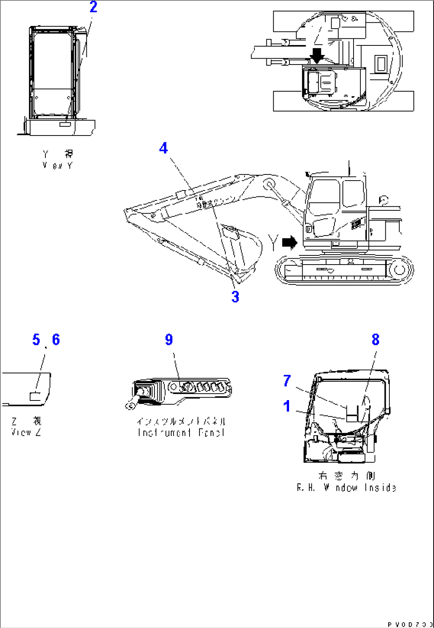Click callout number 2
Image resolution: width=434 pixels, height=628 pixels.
click(x=93, y=7)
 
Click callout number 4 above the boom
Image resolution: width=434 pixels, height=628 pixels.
click(x=163, y=149)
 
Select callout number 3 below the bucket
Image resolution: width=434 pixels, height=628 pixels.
click(x=235, y=297)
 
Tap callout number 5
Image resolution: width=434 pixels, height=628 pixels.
click(x=36, y=340)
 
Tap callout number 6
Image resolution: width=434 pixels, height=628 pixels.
click(x=56, y=340)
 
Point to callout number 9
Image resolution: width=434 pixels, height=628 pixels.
click(x=169, y=340)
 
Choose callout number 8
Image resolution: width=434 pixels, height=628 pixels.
click(x=375, y=340)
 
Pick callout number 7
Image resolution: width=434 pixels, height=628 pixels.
click(x=287, y=381)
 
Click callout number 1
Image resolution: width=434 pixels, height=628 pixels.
click(x=287, y=407)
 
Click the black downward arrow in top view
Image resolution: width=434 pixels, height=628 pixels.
click(x=317, y=55)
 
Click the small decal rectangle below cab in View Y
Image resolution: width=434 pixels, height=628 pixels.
click(x=65, y=125)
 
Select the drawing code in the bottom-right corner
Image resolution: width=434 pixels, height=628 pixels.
click(x=410, y=623)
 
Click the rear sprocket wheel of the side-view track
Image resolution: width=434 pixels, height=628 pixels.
click(x=399, y=270)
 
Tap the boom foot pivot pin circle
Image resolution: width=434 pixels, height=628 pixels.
click(x=269, y=184)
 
